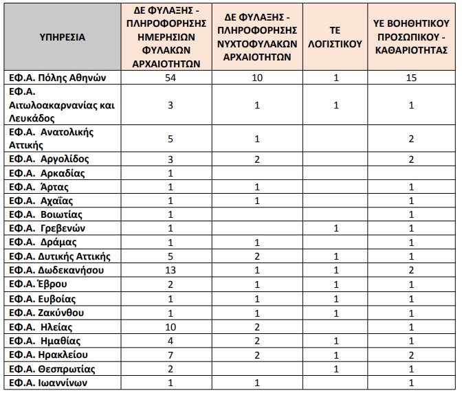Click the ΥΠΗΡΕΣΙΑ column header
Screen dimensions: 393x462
tap(63, 36)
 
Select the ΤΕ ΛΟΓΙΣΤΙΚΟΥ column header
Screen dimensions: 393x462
tap(336, 37)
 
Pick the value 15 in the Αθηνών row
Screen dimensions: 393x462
tap(411, 78)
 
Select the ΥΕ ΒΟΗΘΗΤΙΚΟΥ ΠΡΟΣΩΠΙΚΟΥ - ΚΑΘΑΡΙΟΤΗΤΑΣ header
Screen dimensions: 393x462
tap(411, 37)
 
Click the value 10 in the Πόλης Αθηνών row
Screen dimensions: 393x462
tap(256, 78)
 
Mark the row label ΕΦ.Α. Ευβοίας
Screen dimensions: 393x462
tap(43, 299)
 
